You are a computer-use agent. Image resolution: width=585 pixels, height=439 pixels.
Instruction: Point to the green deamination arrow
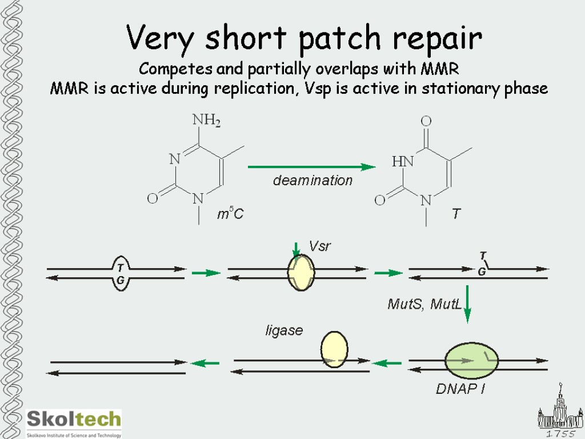click(x=311, y=167)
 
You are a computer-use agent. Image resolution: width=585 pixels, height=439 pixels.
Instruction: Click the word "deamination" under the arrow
click(x=312, y=181)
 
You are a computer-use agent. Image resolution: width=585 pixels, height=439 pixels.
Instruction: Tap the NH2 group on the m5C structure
click(x=206, y=121)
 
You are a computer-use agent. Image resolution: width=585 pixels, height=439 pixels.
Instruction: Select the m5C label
click(x=230, y=215)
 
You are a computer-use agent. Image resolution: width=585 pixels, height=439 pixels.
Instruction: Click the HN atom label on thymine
click(x=402, y=162)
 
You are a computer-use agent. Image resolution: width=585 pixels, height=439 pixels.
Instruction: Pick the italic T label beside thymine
click(x=456, y=214)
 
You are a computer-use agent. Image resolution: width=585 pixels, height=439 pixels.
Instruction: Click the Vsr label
click(x=320, y=246)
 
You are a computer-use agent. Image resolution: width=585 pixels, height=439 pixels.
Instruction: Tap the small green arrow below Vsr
click(x=296, y=250)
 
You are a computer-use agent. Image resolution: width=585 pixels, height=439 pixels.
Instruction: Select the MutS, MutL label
click(x=424, y=304)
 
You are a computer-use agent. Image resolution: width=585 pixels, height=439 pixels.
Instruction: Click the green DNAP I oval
click(x=471, y=360)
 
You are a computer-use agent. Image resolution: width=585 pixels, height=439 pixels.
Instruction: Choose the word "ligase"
click(x=284, y=330)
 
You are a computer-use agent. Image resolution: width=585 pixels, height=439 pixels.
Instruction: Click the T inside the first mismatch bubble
click(x=121, y=268)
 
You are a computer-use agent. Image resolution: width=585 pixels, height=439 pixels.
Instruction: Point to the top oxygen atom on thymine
click(x=426, y=121)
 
